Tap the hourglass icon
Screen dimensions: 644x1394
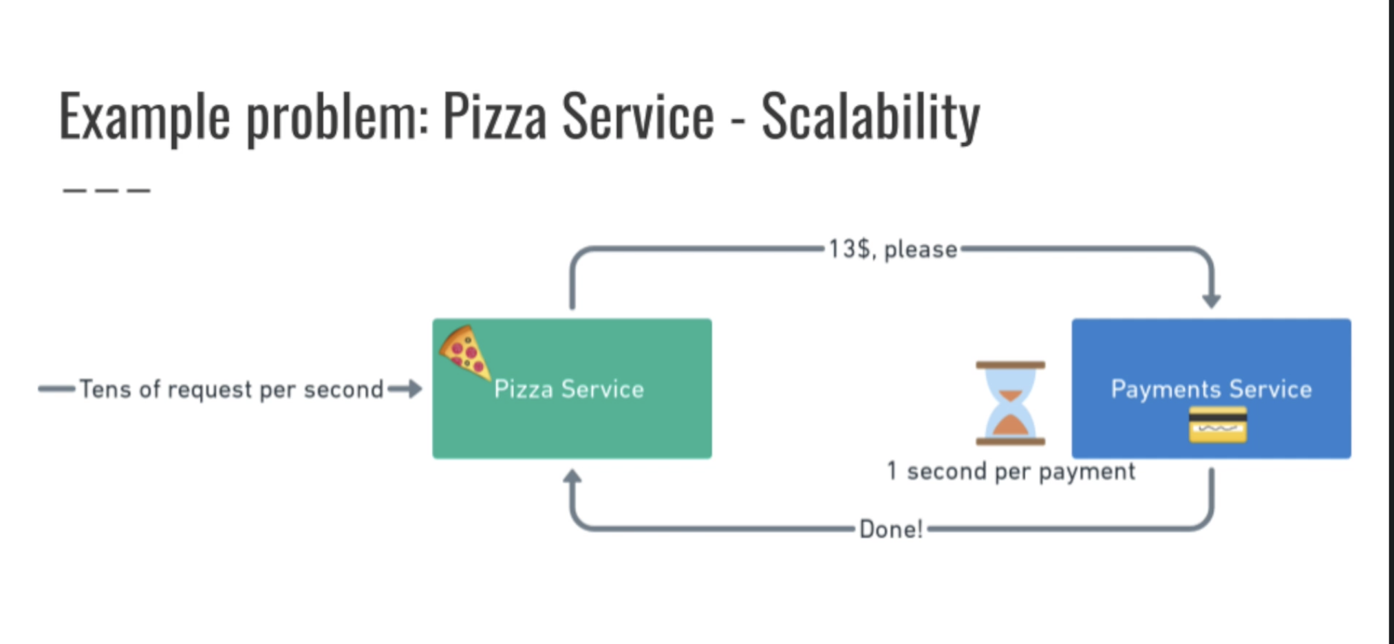(x=1010, y=403)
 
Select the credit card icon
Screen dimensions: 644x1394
(x=1217, y=425)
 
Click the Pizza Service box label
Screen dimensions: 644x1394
(x=569, y=389)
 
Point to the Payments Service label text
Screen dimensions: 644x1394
(x=1211, y=389)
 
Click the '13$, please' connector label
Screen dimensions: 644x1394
(x=892, y=249)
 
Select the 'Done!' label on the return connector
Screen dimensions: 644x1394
(x=890, y=529)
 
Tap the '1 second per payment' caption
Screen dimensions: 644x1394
(x=1010, y=471)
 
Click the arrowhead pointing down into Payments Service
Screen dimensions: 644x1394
(x=1211, y=300)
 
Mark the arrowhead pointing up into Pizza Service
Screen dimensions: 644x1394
(x=572, y=477)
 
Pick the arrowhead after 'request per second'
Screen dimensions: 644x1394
(x=413, y=389)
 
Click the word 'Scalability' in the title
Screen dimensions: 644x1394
(x=870, y=117)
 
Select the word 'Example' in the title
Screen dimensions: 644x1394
(x=144, y=117)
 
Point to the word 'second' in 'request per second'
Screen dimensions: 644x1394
(x=343, y=389)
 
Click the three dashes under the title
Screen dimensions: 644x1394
(x=106, y=191)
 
